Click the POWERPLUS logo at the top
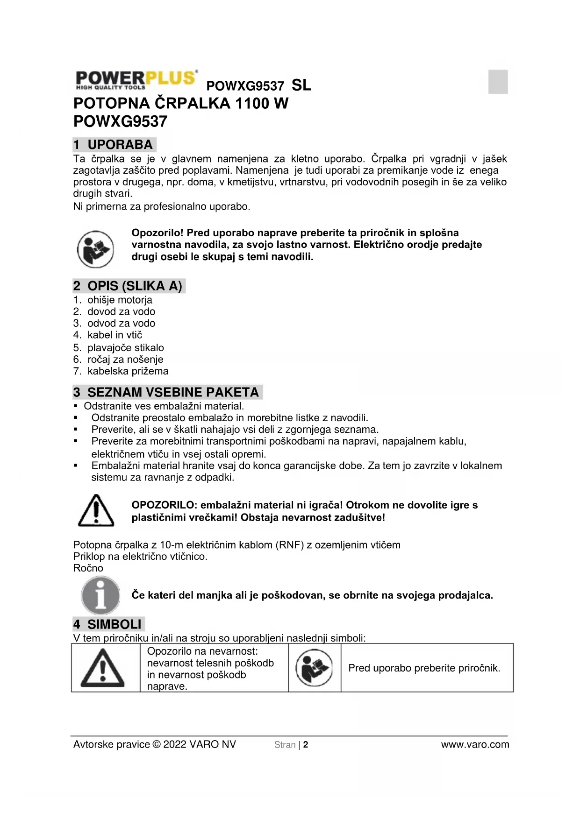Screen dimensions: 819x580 click(x=136, y=79)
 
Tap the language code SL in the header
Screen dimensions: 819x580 click(x=301, y=85)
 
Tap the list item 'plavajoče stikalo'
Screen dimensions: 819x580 click(x=125, y=347)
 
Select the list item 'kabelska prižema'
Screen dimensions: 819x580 click(x=128, y=371)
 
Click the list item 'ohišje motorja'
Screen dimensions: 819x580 click(x=120, y=300)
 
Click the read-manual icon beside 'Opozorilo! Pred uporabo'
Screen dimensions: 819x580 click(x=95, y=248)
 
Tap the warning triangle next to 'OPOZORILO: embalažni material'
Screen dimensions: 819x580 click(x=96, y=510)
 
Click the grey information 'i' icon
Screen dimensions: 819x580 click(x=100, y=595)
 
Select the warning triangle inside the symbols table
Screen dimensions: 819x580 click(x=103, y=669)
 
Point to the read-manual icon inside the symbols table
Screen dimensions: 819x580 click(x=314, y=668)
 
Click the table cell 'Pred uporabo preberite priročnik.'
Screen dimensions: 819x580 click(x=424, y=668)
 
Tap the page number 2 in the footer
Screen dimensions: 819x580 click(x=306, y=745)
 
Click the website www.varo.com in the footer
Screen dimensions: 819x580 click(x=475, y=745)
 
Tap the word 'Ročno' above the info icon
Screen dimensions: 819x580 click(x=88, y=568)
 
